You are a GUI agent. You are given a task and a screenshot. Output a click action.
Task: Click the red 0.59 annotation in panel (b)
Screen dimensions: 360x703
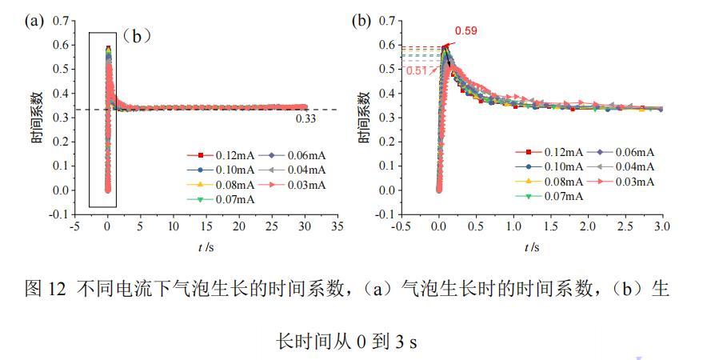(466, 31)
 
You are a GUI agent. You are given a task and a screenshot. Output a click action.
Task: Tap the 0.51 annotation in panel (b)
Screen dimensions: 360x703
(417, 70)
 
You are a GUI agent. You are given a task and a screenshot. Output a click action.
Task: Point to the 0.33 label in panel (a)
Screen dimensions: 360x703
(307, 118)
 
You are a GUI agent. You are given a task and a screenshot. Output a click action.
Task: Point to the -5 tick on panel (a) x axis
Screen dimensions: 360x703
(74, 226)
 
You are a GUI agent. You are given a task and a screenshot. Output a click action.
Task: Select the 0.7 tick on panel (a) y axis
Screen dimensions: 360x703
(59, 20)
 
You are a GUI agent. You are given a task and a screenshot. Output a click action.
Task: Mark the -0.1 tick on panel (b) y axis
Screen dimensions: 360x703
(385, 215)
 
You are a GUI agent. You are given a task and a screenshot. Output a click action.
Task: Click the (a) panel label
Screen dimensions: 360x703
(34, 21)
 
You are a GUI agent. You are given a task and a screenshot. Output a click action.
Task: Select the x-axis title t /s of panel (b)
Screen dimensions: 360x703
(532, 247)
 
